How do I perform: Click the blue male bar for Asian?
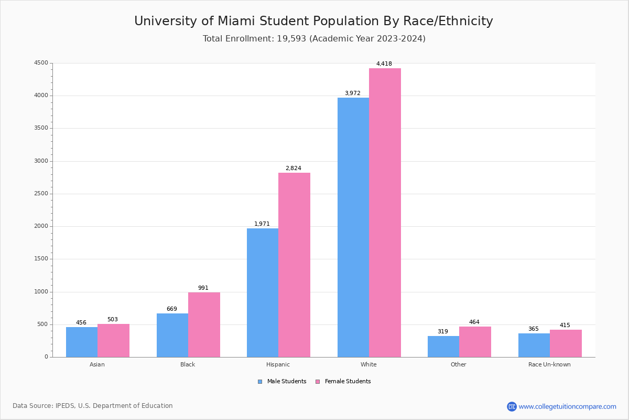tap(82, 342)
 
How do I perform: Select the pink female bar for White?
tap(385, 213)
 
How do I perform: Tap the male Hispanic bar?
tap(263, 292)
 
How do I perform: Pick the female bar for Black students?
tap(204, 324)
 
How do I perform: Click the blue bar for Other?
tap(443, 346)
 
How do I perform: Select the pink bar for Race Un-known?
tap(566, 343)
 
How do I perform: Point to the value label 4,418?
tap(384, 64)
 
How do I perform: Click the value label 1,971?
tap(262, 224)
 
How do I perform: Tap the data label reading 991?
tap(203, 288)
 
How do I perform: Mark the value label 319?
tap(443, 332)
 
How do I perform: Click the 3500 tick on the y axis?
tap(41, 128)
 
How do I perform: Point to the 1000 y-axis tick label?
tap(41, 292)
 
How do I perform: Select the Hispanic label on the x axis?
tap(278, 364)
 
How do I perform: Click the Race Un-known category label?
tap(549, 364)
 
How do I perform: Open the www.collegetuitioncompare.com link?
tap(567, 406)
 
